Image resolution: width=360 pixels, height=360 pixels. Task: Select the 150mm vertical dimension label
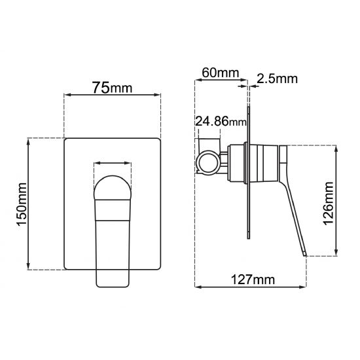pyautogui.click(x=20, y=204)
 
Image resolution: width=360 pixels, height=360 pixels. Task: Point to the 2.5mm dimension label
pyautogui.click(x=277, y=79)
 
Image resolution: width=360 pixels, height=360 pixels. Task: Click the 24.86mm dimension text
pyautogui.click(x=221, y=122)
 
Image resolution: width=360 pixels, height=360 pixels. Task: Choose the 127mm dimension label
pyautogui.click(x=251, y=279)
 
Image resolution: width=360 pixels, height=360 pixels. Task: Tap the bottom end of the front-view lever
pyautogui.click(x=113, y=283)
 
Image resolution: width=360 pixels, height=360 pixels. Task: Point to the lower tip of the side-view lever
pyautogui.click(x=304, y=254)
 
